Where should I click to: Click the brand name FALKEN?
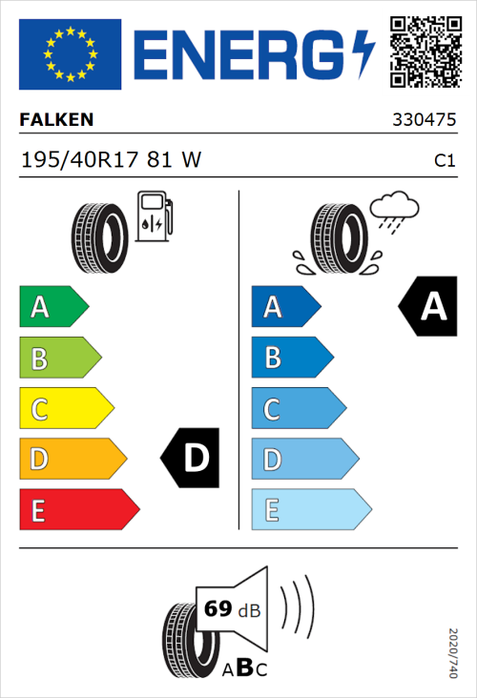[56, 120]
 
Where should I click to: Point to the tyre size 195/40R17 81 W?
[111, 161]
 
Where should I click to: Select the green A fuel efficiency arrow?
[53, 307]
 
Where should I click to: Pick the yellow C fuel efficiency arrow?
[66, 409]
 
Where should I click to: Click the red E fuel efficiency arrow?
[78, 510]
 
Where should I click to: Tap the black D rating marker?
[192, 459]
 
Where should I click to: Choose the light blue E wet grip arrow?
[310, 510]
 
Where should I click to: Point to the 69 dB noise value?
[230, 608]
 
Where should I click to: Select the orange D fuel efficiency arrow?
[73, 460]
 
